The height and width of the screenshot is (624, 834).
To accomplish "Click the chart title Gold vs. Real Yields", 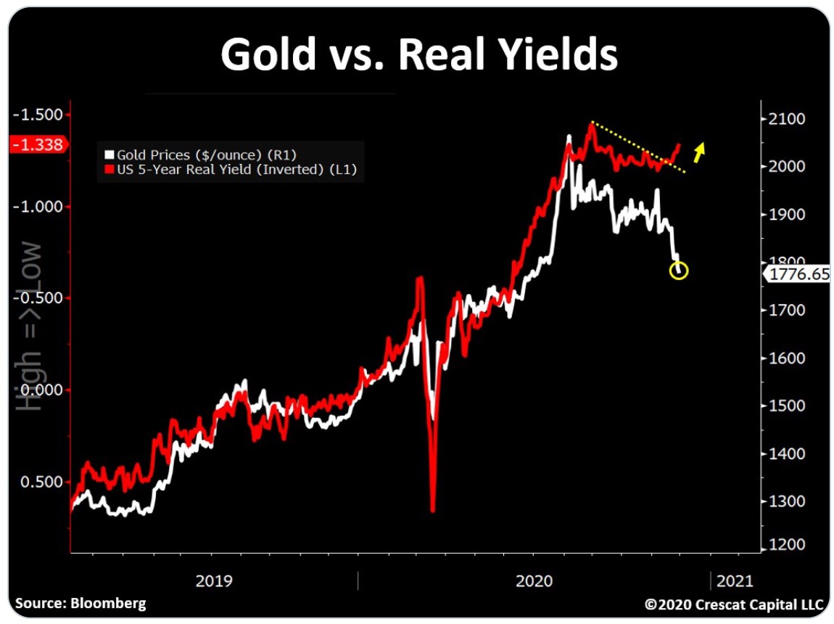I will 419,54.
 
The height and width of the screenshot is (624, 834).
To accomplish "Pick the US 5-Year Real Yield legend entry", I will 231,171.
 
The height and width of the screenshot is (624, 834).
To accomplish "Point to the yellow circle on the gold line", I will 679,271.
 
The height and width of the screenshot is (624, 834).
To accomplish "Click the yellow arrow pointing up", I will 699,152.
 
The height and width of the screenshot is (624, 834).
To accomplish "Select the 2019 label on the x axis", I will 214,581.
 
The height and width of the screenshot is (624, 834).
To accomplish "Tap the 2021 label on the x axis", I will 735,581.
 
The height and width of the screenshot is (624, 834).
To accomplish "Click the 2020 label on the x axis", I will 534,581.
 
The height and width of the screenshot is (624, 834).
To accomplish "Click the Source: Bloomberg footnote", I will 80,603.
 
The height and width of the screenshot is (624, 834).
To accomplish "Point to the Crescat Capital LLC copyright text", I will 734,604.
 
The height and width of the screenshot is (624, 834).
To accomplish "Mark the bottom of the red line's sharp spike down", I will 433,510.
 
